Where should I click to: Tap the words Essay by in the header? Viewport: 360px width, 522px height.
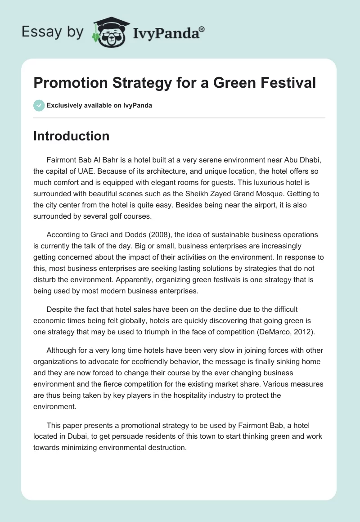52,31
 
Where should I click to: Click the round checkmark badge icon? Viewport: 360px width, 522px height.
39,105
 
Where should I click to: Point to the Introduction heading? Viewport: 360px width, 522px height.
71,136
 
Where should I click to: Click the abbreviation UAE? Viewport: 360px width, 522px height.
89,172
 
